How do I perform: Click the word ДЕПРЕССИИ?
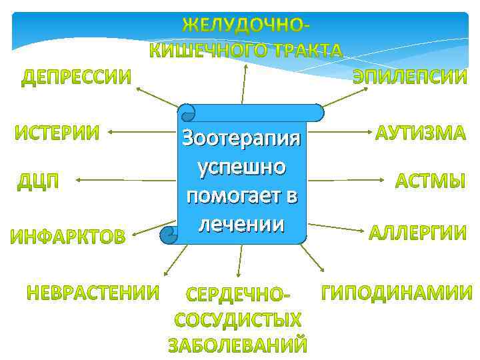75,78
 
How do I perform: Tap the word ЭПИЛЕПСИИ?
410,77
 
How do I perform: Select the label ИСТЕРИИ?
57,133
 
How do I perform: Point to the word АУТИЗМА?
420,133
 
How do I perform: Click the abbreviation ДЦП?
38,181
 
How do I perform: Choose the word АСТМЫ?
431,181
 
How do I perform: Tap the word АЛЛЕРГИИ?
418,233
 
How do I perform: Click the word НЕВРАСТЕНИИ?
93,292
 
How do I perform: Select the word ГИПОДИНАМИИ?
397,292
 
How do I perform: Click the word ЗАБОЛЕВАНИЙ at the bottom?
237,346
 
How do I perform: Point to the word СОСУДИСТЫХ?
237,321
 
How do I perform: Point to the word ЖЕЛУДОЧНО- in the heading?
247,25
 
